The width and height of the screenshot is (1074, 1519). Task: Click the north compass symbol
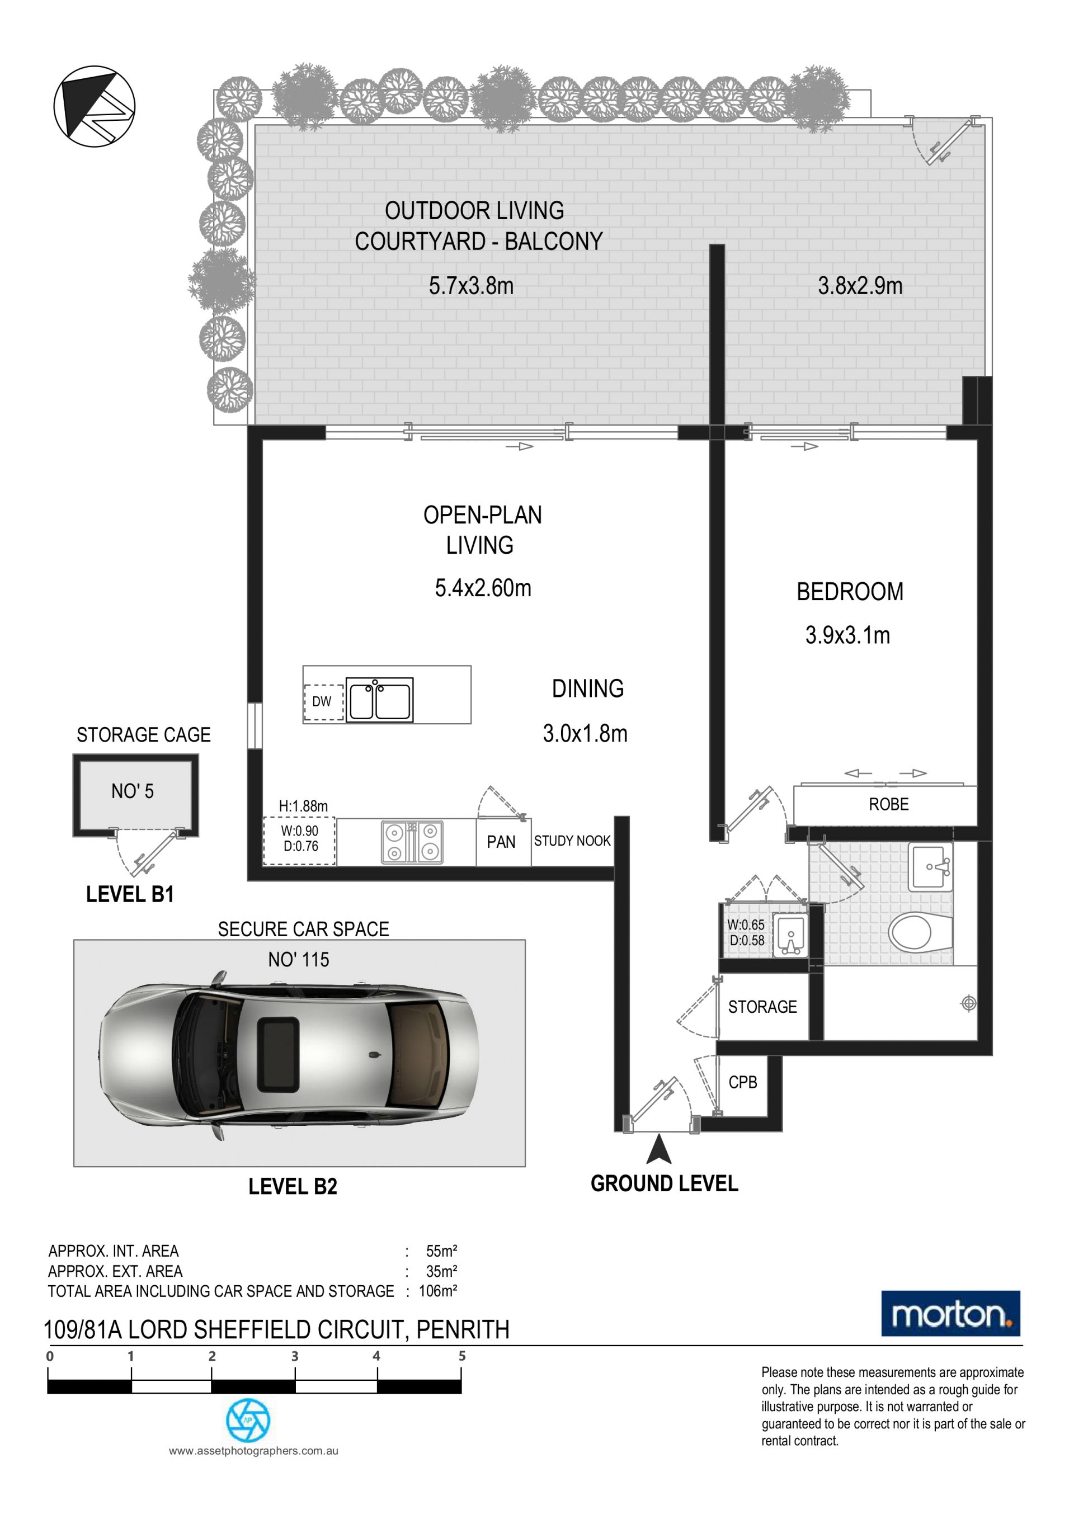95,106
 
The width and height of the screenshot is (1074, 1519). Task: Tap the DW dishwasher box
323,701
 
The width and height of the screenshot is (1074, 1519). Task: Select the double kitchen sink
379,700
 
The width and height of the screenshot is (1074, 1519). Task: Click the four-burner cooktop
412,842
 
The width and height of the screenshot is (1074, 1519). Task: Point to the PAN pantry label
501,842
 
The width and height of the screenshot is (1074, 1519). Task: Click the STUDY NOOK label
572,841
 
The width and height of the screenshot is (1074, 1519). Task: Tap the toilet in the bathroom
920,932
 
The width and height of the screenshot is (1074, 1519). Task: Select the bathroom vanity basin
930,867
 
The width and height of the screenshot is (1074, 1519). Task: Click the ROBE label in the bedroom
889,804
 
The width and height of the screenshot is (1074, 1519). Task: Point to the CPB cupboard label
742,1082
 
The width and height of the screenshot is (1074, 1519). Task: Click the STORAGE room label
762,1007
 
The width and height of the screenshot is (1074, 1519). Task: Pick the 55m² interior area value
441,1251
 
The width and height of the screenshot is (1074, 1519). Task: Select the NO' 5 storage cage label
133,791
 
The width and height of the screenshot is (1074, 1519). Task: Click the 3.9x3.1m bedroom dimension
847,635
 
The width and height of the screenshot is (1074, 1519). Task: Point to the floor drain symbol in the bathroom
968,1003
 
